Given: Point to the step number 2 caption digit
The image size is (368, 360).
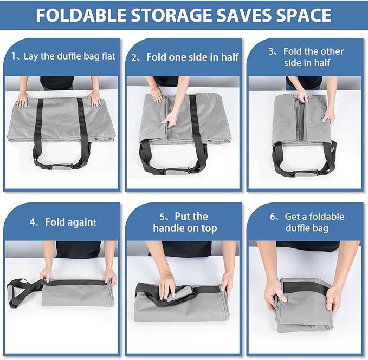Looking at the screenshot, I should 135,57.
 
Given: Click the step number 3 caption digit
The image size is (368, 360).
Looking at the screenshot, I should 272,51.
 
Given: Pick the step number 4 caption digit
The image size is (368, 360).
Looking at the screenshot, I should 33,222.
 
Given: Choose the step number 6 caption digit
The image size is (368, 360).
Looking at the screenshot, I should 273,217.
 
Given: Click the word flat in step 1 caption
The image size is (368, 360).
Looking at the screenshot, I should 106,56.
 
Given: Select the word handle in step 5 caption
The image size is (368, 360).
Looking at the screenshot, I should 169,228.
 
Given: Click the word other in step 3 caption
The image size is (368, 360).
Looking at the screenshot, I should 332,51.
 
